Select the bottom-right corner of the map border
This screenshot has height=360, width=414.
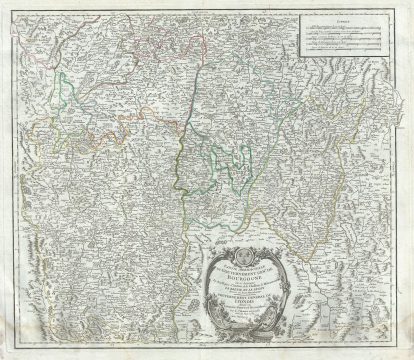(402, 349)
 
